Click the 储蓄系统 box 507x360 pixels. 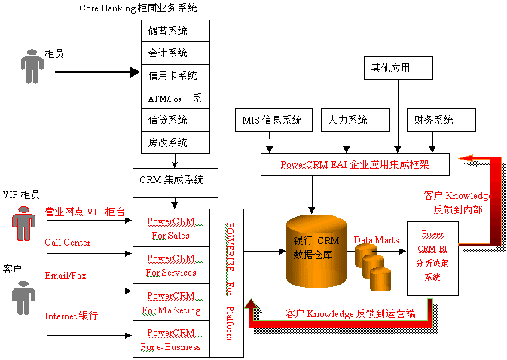(175, 31)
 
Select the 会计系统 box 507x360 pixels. (175, 53)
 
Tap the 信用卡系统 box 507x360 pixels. (175, 75)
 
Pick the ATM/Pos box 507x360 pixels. (175, 98)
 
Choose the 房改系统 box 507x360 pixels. (175, 142)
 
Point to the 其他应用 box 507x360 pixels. (398, 68)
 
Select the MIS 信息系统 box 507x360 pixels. (272, 120)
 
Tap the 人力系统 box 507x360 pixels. (356, 120)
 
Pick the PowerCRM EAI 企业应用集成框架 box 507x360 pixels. (355, 164)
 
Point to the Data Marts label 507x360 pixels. (376, 239)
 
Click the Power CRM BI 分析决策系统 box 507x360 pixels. (432, 257)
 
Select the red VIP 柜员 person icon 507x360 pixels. (23, 222)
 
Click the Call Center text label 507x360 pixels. (67, 242)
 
